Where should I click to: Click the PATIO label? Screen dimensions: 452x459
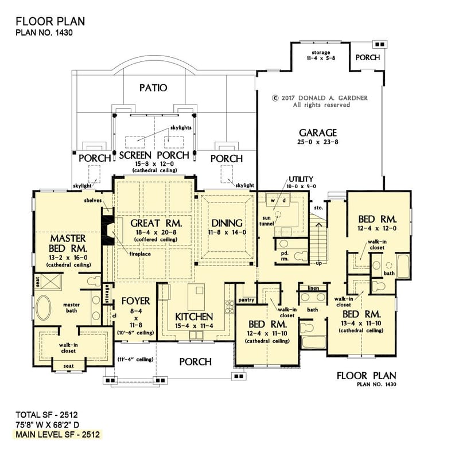click(x=153, y=88)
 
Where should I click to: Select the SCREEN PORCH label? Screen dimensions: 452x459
click(x=154, y=155)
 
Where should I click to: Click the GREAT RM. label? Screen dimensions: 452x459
click(x=156, y=223)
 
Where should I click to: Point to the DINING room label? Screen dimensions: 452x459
click(x=227, y=223)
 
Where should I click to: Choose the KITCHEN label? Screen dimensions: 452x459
click(x=195, y=317)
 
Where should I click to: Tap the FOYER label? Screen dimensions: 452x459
click(x=135, y=301)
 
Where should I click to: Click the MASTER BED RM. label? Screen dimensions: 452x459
click(x=68, y=243)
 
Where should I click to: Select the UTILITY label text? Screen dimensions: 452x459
click(x=301, y=179)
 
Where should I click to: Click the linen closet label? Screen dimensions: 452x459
click(x=313, y=287)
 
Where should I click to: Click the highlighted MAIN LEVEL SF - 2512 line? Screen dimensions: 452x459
click(x=56, y=434)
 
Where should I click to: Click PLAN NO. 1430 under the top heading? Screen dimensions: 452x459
click(x=45, y=33)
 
